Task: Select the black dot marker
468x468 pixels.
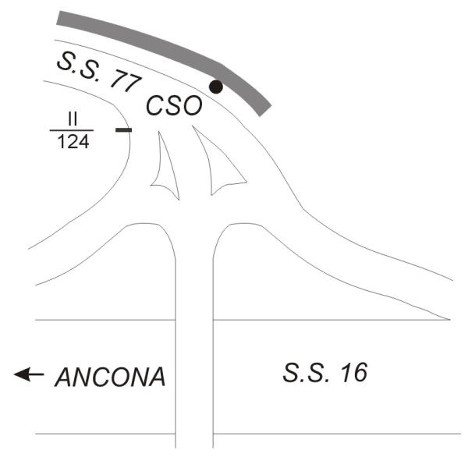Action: (x=217, y=87)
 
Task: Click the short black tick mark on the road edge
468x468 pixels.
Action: (x=123, y=129)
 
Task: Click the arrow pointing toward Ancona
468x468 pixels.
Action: (x=29, y=375)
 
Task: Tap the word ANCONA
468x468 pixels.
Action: (x=111, y=378)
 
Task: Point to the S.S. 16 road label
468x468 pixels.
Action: (x=323, y=373)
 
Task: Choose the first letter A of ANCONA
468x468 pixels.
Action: (x=64, y=378)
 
